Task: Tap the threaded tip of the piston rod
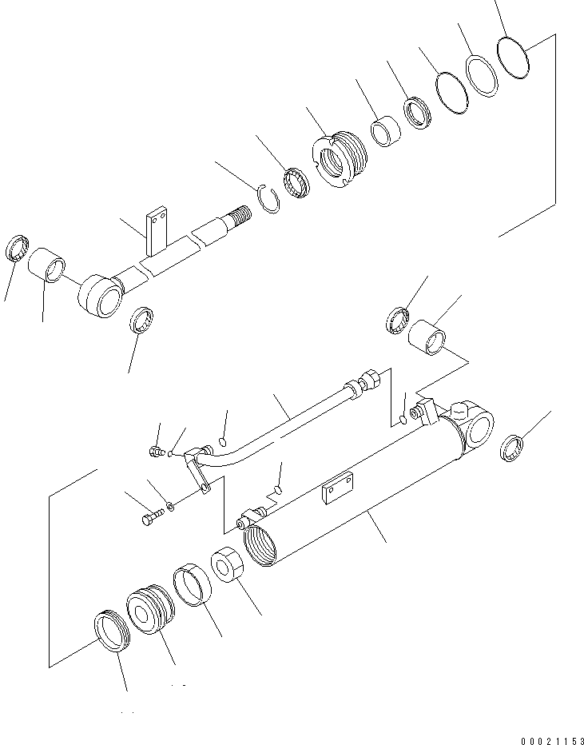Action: pos(240,215)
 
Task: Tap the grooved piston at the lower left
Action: pos(150,611)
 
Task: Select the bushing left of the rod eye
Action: pos(47,266)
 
